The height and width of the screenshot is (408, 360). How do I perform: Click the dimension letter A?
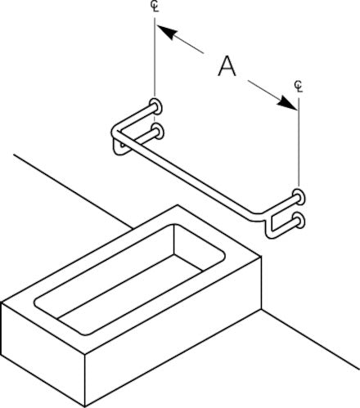(227, 66)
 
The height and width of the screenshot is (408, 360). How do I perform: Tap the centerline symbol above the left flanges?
(155, 7)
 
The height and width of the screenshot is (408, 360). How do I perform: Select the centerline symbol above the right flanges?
(299, 86)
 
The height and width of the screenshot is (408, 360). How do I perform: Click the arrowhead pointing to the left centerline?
(166, 32)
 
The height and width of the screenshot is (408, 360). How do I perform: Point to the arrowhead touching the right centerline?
(287, 103)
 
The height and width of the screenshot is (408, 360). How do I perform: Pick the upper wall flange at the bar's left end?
(156, 106)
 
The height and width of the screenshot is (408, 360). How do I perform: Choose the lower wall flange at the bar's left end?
(157, 132)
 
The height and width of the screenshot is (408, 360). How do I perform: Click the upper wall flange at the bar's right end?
(299, 197)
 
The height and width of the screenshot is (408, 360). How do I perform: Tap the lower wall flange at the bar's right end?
(299, 221)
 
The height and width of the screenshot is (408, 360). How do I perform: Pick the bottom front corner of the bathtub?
(85, 406)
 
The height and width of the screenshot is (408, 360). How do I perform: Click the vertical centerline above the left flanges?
(155, 57)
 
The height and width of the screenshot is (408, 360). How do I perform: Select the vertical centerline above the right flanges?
(299, 142)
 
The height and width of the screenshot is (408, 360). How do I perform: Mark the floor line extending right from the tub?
(310, 339)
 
